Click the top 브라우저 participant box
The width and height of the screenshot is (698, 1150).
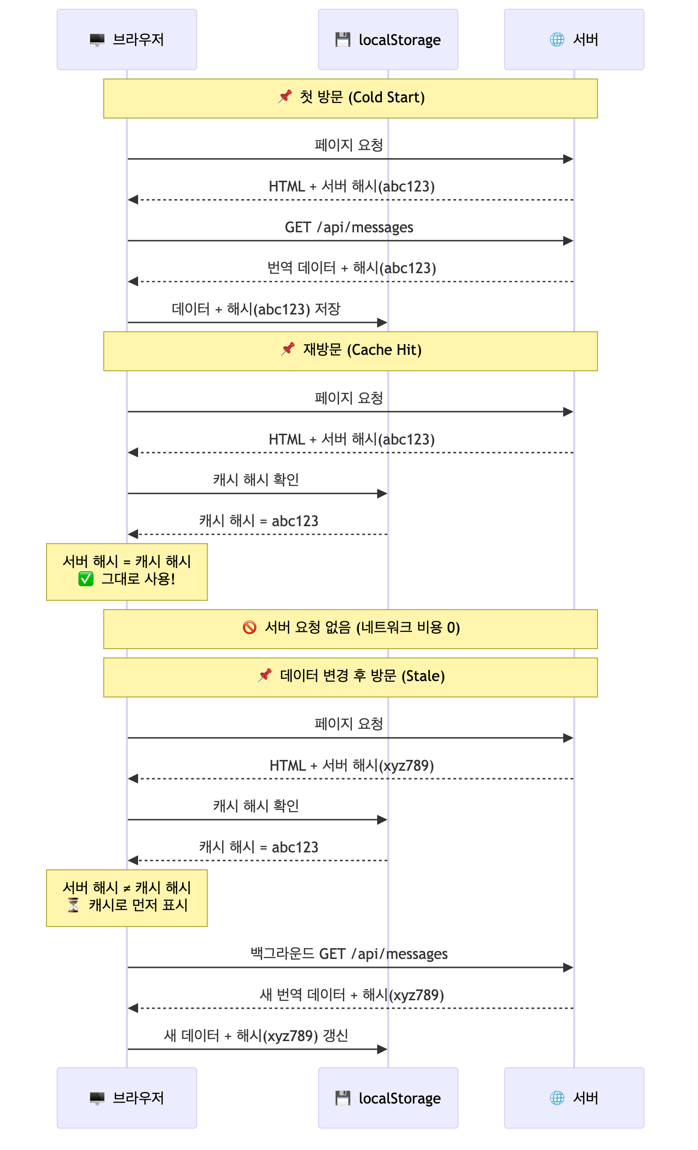[127, 40]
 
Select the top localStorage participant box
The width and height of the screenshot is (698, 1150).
[388, 40]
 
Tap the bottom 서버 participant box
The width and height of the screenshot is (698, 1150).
[574, 1098]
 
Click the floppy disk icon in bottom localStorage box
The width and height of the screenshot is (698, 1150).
[343, 1098]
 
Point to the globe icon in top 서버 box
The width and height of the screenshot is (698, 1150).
[557, 39]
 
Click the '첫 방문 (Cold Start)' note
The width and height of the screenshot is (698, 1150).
[350, 98]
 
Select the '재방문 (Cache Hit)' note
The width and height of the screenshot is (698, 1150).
[350, 351]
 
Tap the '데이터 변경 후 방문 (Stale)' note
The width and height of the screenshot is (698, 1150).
[350, 677]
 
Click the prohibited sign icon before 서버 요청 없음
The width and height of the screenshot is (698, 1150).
[249, 627]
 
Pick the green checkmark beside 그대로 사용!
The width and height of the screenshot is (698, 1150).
[86, 579]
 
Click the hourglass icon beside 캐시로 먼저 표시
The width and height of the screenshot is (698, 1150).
[74, 905]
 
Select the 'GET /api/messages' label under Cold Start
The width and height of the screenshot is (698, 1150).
[349, 227]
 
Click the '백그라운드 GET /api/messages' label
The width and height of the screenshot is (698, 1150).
[349, 954]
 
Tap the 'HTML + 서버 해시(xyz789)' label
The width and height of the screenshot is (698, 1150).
[351, 766]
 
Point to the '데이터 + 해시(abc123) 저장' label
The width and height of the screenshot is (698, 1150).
[256, 309]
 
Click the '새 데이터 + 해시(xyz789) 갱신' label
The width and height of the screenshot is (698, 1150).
[256, 1035]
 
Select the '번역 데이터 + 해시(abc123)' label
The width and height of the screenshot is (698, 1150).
[351, 268]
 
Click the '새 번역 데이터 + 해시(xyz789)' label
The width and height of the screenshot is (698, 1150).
[351, 995]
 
